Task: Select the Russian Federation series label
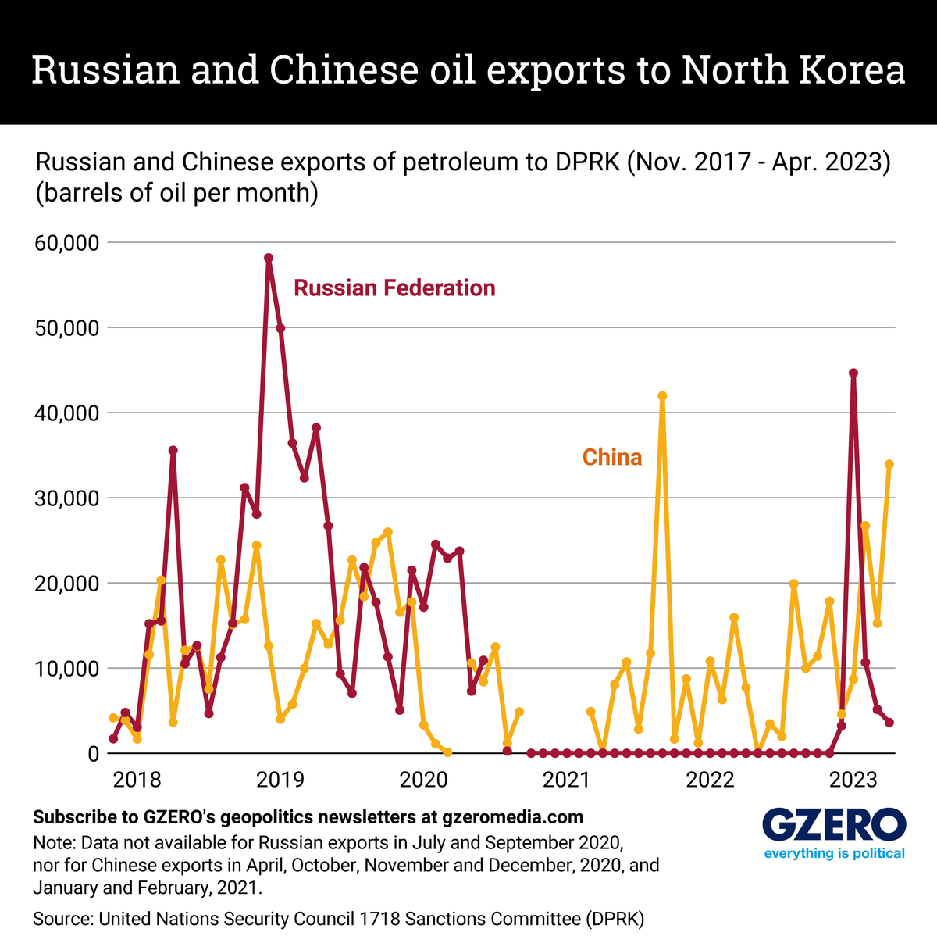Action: coord(394,288)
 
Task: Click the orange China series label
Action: coord(612,457)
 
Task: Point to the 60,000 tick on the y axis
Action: coord(66,243)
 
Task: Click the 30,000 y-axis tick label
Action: coord(66,498)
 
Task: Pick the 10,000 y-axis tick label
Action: coord(66,669)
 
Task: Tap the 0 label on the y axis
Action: coord(93,754)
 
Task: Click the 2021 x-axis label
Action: coord(565,779)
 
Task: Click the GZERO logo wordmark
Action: coord(833,825)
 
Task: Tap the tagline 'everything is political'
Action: coord(833,853)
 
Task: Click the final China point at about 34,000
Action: coord(889,464)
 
